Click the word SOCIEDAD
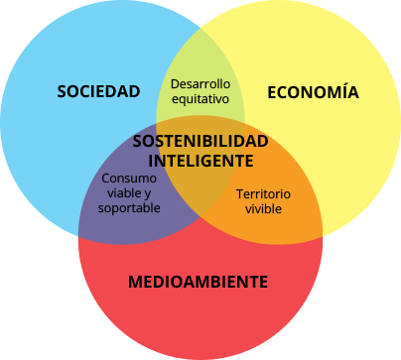tap(97, 92)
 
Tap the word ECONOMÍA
tap(313, 92)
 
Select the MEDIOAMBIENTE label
tap(198, 282)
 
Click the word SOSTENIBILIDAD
tap(200, 142)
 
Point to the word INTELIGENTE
tap(200, 160)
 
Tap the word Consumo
tap(129, 178)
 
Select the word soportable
tap(129, 209)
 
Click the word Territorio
tap(265, 193)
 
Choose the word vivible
tap(265, 209)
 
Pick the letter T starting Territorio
tap(238, 193)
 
